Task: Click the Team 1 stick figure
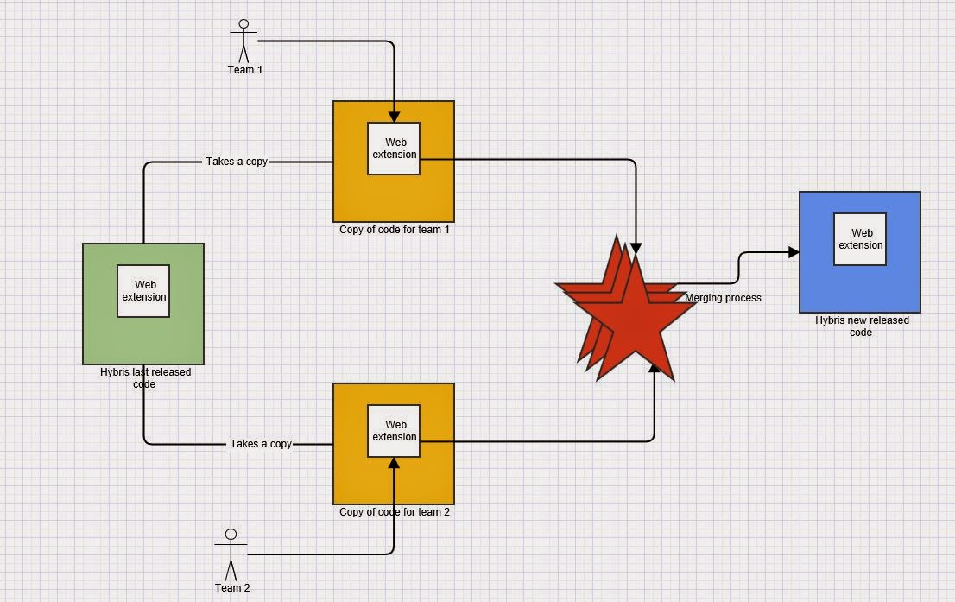tap(243, 40)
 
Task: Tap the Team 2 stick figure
tap(231, 554)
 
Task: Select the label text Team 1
tap(245, 70)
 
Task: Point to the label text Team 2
tap(232, 588)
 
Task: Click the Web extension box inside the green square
tap(143, 291)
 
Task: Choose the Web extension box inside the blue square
tap(860, 239)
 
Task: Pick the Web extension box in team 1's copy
tap(394, 149)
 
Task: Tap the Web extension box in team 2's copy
tap(394, 431)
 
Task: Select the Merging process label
tap(723, 298)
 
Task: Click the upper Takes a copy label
tap(237, 162)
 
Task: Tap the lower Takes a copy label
tap(261, 444)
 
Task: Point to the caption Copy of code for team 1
tap(395, 230)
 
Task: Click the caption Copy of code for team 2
tap(395, 512)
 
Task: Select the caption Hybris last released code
tap(144, 378)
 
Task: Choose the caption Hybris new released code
tap(861, 326)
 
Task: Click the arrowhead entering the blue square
tap(794, 252)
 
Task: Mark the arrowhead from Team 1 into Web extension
tap(394, 117)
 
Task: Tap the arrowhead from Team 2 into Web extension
tap(394, 463)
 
